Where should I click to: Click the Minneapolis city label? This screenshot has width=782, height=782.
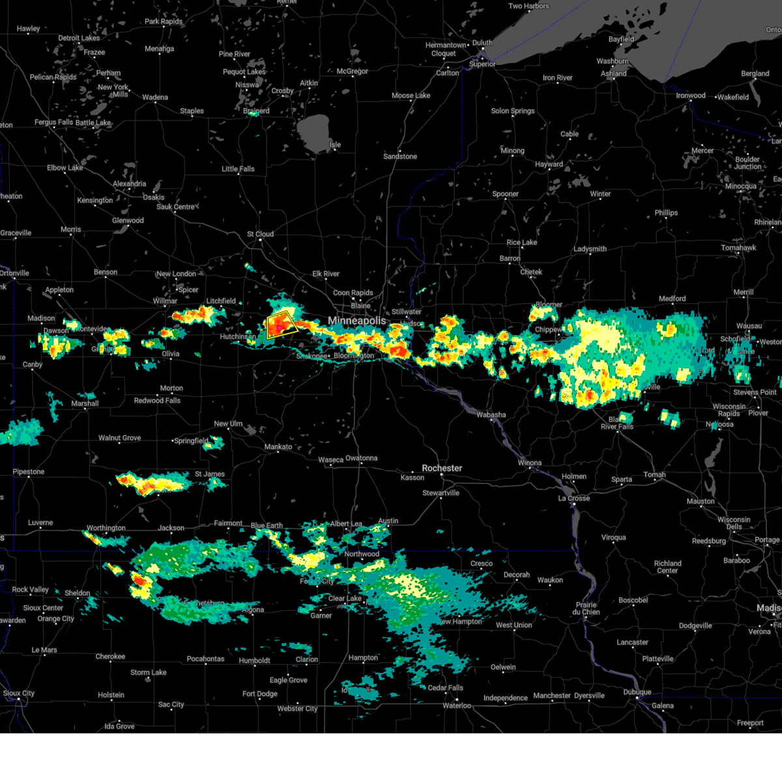pos(356,321)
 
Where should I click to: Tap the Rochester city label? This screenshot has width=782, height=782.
pos(442,468)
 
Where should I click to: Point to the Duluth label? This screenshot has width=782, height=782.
pos(482,43)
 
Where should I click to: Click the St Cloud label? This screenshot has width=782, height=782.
pos(260,234)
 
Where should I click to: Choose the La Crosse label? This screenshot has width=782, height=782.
pos(573,498)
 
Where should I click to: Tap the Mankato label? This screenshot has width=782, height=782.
pos(278,446)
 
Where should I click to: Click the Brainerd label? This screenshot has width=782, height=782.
pos(256,111)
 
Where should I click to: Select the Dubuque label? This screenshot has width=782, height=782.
pos(637,692)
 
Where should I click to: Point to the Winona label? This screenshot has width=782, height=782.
pos(529,463)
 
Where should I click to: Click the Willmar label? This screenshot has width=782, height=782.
pos(165,301)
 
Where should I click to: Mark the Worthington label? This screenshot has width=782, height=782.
pos(106,528)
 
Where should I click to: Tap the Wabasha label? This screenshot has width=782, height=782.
pos(491,414)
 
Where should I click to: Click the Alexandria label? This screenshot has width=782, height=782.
pos(129,184)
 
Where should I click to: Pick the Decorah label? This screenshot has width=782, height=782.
pos(516,575)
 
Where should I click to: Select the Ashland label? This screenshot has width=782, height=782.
pos(614,74)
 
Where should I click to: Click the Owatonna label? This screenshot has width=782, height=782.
pos(361,458)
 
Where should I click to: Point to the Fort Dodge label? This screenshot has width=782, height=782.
pos(260,694)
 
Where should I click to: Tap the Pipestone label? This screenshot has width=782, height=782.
pos(29,472)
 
